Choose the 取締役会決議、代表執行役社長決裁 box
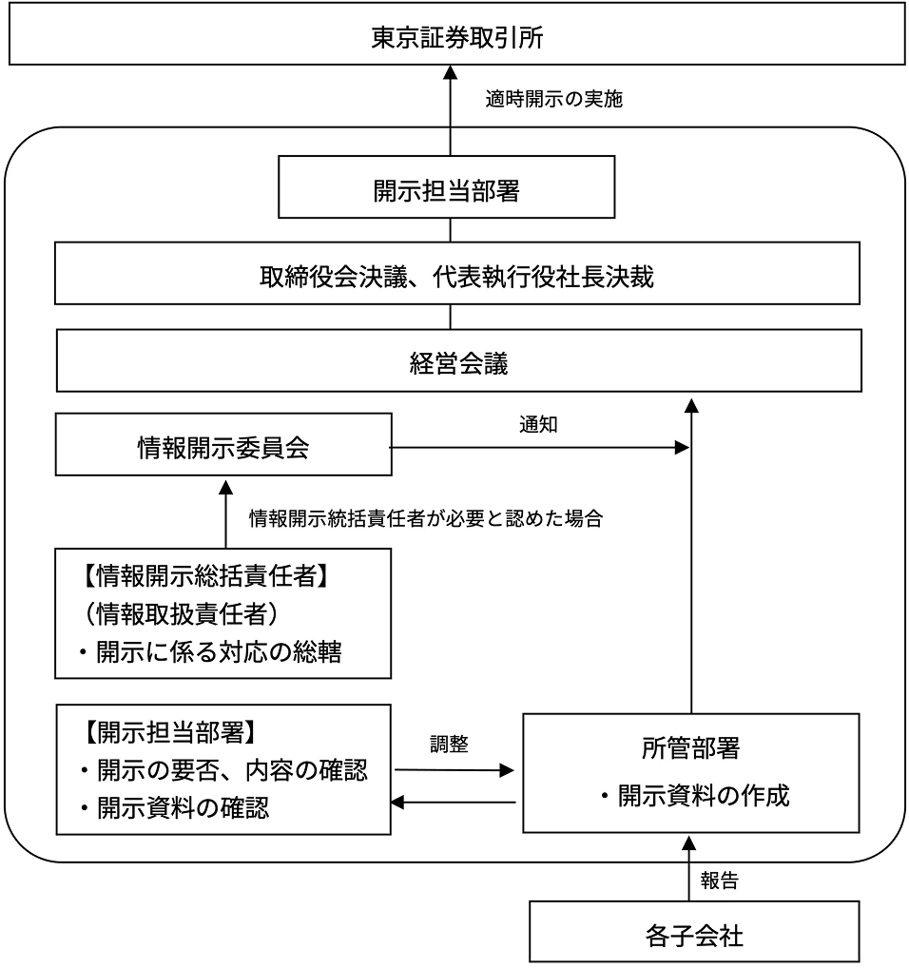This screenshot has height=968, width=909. click(x=458, y=278)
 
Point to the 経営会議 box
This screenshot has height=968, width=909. click(x=458, y=361)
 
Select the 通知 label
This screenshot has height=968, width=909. click(x=538, y=425)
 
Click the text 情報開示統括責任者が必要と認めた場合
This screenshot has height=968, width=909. click(x=425, y=519)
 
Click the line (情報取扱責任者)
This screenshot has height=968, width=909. click(x=181, y=615)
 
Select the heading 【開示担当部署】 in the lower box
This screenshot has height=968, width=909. click(x=165, y=734)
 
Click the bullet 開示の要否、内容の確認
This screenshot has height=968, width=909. click(x=221, y=771)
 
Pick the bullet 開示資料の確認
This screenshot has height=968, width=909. click(x=171, y=809)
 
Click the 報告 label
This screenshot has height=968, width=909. click(x=719, y=881)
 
